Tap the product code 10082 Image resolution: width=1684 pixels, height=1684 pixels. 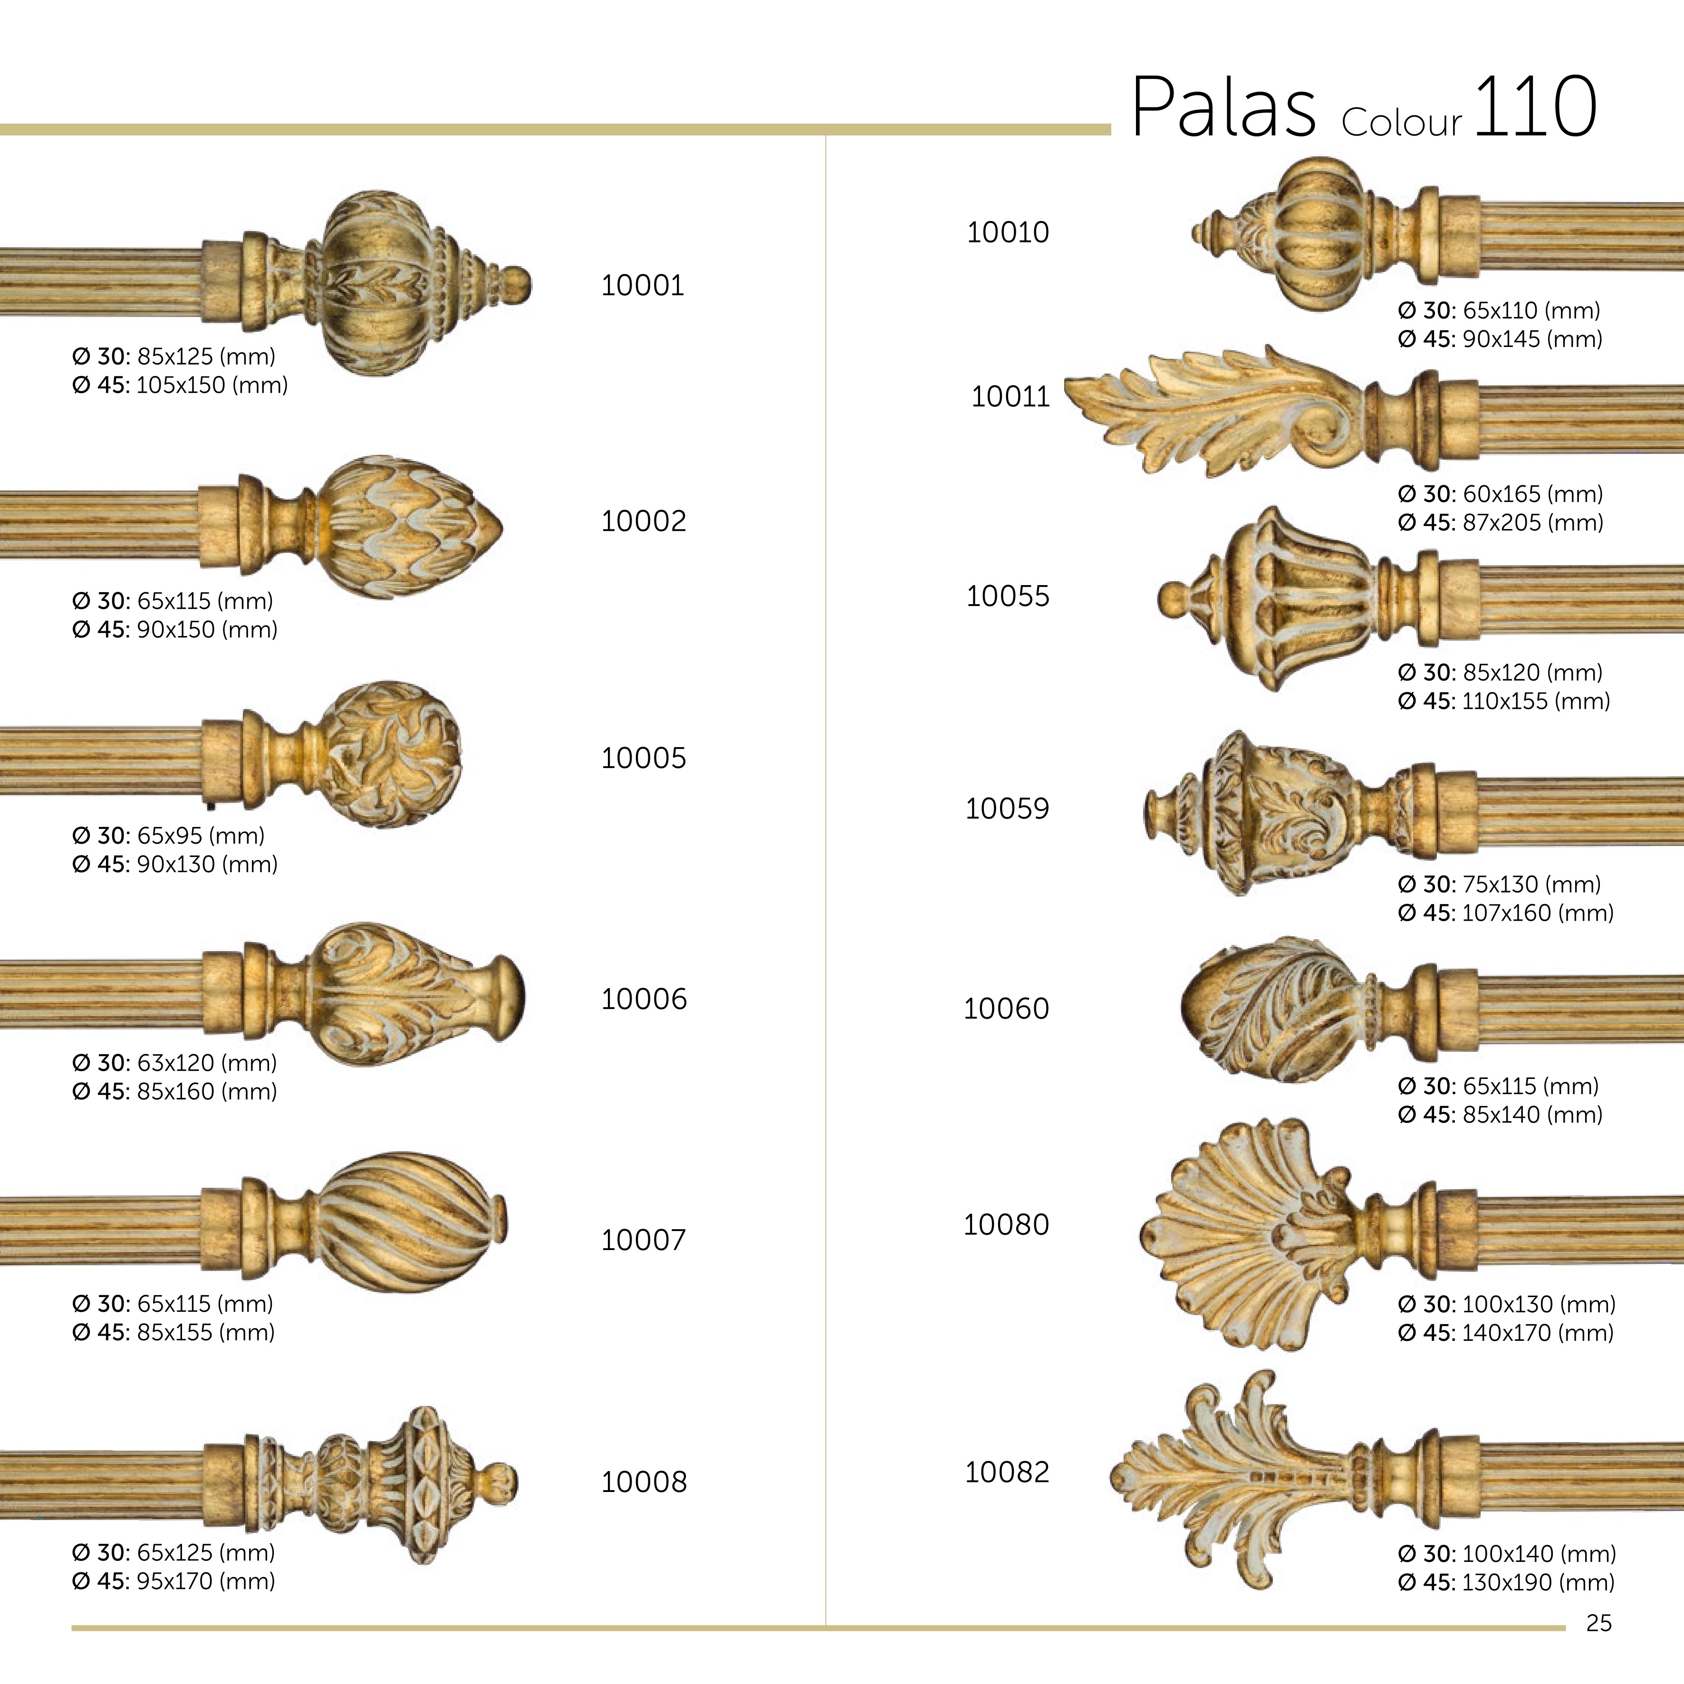coord(1007,1472)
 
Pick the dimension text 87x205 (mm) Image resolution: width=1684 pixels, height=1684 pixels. coord(1532,523)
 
